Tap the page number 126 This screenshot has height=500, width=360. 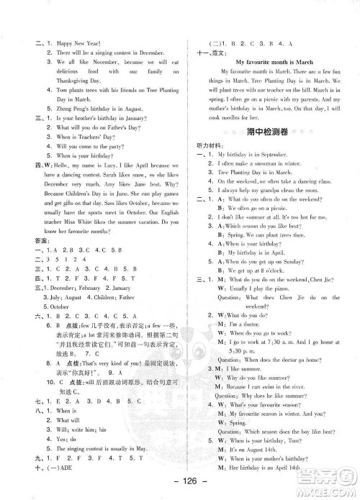(x=180, y=482)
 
